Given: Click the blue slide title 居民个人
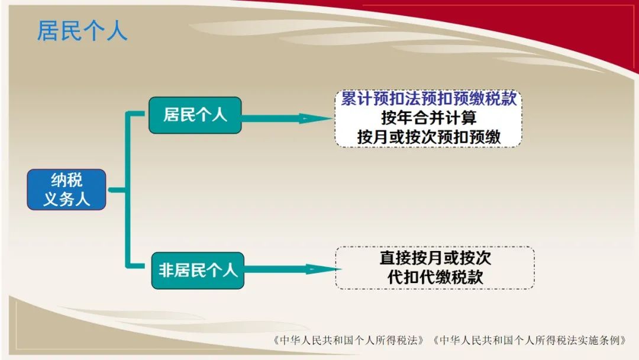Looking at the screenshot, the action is (82, 31).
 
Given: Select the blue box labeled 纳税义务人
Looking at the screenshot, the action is (66, 189).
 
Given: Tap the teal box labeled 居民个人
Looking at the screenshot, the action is (195, 115).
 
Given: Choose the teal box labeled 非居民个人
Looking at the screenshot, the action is (198, 271).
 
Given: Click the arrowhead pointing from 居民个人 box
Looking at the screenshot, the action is (317, 118).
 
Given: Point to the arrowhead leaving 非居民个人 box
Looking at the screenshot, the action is (324, 269).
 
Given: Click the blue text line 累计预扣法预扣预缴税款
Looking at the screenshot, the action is (429, 99).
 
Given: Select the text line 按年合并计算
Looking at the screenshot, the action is (429, 118).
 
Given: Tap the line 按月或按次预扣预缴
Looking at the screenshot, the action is (429, 137).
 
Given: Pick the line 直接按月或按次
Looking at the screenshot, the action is (435, 258).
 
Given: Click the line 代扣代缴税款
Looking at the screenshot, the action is (435, 277).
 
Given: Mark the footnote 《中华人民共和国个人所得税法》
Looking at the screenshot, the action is (349, 340).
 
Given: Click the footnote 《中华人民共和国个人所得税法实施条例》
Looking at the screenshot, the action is (530, 340).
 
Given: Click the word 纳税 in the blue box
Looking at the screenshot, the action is (66, 180).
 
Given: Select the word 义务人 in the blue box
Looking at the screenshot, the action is (66, 200).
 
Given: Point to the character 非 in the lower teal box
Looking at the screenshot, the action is (166, 271).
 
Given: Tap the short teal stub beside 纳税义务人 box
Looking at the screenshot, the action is (117, 190).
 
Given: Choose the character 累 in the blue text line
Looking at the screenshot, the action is (348, 99).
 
